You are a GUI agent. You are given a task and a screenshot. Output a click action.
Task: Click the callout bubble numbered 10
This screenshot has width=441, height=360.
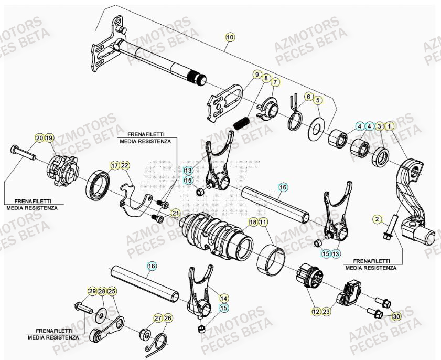point(230,37)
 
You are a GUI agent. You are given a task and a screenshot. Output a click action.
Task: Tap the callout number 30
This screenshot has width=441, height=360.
point(396,316)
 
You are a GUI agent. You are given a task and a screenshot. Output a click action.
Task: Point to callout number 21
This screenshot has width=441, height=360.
point(175,213)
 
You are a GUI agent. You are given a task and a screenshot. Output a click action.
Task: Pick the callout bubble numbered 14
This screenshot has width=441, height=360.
point(224,298)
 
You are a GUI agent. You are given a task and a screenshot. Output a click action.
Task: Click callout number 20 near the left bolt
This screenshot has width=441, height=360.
point(39,138)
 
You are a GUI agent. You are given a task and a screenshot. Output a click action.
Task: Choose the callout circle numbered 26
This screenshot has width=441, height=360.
point(168,318)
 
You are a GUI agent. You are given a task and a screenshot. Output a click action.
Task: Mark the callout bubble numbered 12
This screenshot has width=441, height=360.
point(316,312)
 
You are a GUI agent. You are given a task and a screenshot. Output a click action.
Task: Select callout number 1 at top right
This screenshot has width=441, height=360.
point(389,126)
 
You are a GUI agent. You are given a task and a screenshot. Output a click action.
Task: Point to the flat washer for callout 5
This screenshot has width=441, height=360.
point(316,129)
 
